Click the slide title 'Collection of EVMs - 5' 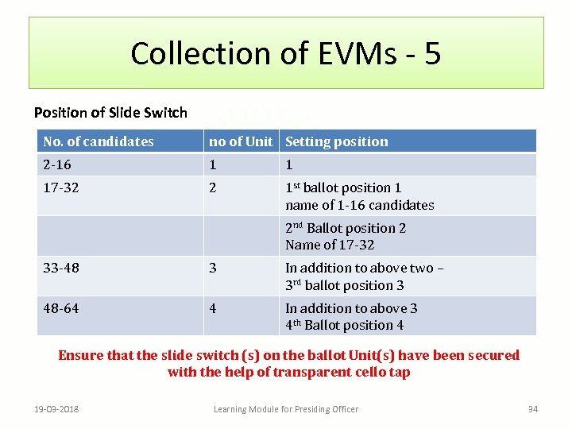point(285,53)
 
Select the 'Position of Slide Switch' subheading point(110,113)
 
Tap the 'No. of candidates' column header point(99,141)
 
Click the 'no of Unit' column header point(240,141)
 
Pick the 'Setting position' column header point(337,141)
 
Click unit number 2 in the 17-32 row point(212,188)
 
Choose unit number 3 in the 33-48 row point(212,268)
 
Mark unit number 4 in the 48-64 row point(212,308)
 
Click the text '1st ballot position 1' point(343,188)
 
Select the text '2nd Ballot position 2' point(346,228)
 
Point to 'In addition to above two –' point(365,268)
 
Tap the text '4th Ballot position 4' point(345,325)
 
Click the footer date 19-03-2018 point(63,409)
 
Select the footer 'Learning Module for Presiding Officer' point(286,409)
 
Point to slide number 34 point(533,409)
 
